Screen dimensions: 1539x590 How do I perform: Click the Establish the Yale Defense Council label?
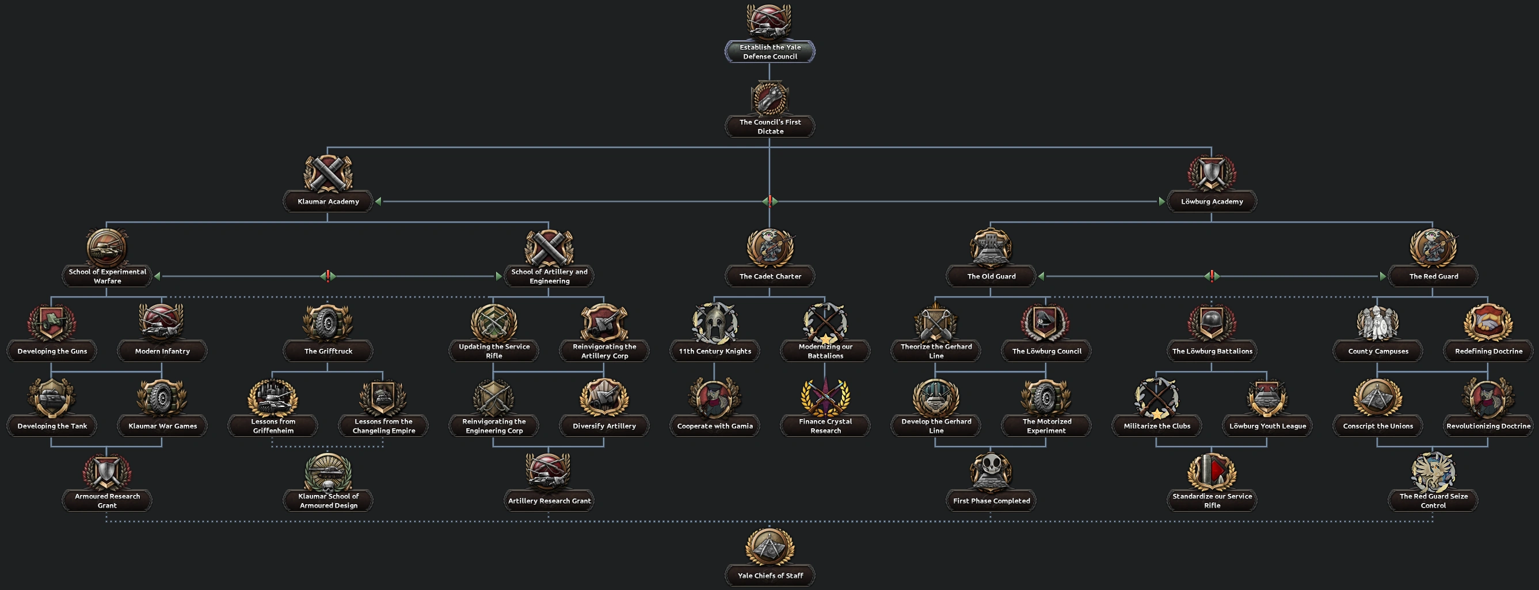click(x=769, y=51)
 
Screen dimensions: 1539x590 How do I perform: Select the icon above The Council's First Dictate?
click(x=769, y=98)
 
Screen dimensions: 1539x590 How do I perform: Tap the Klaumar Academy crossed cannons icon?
click(x=328, y=173)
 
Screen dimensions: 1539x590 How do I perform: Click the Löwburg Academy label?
click(x=1212, y=201)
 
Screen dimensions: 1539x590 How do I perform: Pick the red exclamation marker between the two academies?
click(x=769, y=201)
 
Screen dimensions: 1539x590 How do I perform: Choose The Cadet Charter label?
click(x=769, y=276)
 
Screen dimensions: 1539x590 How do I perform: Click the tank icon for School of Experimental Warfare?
click(x=107, y=248)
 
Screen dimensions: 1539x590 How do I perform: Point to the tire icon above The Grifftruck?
click(x=328, y=323)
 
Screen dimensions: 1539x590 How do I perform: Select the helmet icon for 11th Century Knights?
click(x=715, y=323)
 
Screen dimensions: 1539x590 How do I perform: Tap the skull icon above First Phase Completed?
click(x=991, y=471)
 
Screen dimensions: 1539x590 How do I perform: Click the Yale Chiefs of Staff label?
click(x=769, y=576)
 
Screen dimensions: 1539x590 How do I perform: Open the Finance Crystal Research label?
click(x=825, y=425)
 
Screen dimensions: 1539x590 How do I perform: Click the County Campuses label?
click(x=1378, y=351)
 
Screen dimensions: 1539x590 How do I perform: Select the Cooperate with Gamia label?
click(x=715, y=425)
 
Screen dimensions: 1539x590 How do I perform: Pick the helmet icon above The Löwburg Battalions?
click(x=1212, y=323)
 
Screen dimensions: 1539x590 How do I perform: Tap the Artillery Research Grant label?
click(x=549, y=501)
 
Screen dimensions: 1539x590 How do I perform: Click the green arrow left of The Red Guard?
click(x=1382, y=276)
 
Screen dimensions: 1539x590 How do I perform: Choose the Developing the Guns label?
click(x=52, y=351)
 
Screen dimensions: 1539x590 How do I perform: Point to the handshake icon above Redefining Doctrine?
click(x=1488, y=323)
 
